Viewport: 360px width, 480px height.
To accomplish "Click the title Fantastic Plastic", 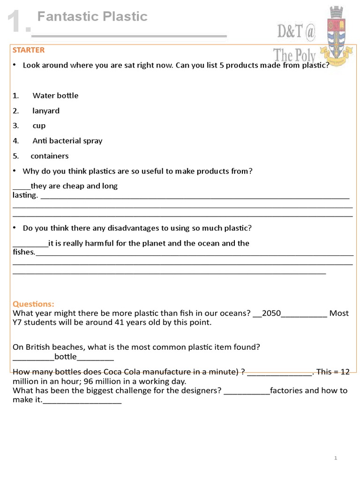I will coord(92,17).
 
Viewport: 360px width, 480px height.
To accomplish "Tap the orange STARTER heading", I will coord(29,50).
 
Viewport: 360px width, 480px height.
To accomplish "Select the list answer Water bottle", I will coord(55,96).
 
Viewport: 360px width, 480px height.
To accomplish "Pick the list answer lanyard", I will coord(46,111).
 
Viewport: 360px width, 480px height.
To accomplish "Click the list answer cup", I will coord(39,126).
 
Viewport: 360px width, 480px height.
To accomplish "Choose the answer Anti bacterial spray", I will coord(67,141).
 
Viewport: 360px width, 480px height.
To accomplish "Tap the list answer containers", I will coord(50,156).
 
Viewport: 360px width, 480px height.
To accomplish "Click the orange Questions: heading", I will coord(33,304).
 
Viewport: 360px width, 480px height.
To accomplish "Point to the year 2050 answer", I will coord(271,313).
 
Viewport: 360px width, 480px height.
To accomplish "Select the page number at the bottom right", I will coord(336,458).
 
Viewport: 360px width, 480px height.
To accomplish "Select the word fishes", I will coord(24,252).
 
